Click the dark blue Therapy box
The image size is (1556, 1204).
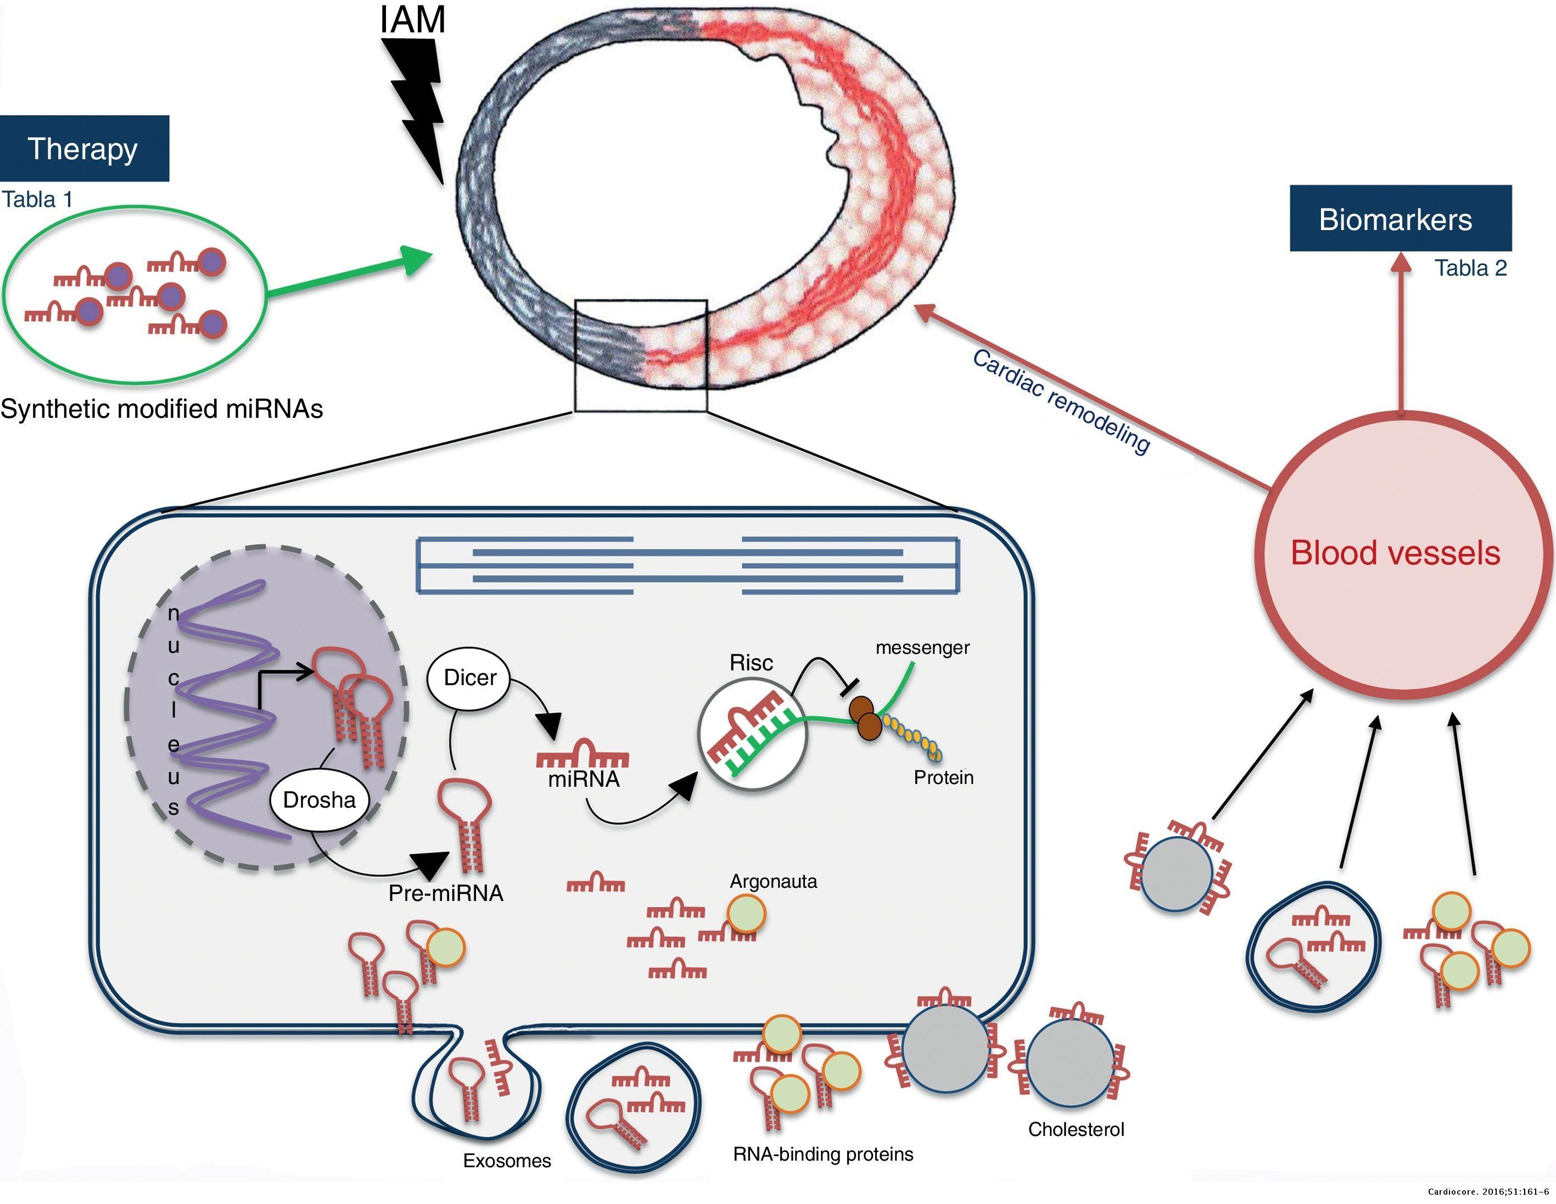84,149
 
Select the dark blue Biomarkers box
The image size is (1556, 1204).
1400,219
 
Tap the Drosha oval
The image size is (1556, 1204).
319,800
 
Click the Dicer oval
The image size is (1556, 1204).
469,677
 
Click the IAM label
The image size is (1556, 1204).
412,19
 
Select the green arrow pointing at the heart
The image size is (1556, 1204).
349,275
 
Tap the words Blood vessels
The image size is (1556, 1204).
1395,553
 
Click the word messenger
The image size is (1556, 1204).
922,648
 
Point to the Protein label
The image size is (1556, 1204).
943,777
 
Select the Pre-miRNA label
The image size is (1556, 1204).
445,893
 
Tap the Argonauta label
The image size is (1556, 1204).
773,881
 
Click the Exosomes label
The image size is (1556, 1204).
507,1161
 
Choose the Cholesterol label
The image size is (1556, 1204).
1076,1129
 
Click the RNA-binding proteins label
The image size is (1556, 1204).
823,1154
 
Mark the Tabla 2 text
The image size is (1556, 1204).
1470,268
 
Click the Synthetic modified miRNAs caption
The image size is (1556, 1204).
162,409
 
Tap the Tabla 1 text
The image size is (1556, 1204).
37,199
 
